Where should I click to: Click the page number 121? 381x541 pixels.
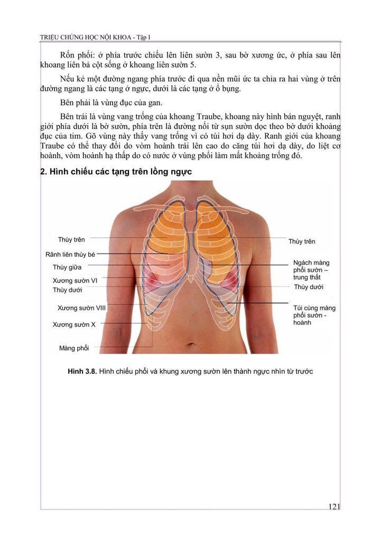[x=333, y=507]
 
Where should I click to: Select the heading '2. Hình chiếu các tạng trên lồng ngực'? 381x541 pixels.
[x=116, y=172]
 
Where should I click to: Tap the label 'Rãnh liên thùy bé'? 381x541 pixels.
[x=70, y=254]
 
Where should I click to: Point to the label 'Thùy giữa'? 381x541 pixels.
[x=67, y=267]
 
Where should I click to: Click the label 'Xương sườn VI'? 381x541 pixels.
[x=75, y=280]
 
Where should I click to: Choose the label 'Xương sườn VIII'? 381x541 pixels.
[x=82, y=307]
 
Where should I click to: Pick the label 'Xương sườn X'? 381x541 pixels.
[x=74, y=324]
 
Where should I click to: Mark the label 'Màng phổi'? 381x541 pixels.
[x=74, y=348]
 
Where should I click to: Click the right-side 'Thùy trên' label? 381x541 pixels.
[x=302, y=241]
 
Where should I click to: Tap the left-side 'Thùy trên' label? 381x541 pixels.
[x=71, y=240]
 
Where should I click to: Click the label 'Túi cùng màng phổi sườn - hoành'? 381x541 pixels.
[x=314, y=315]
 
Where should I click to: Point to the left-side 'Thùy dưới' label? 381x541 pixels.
[x=67, y=290]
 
